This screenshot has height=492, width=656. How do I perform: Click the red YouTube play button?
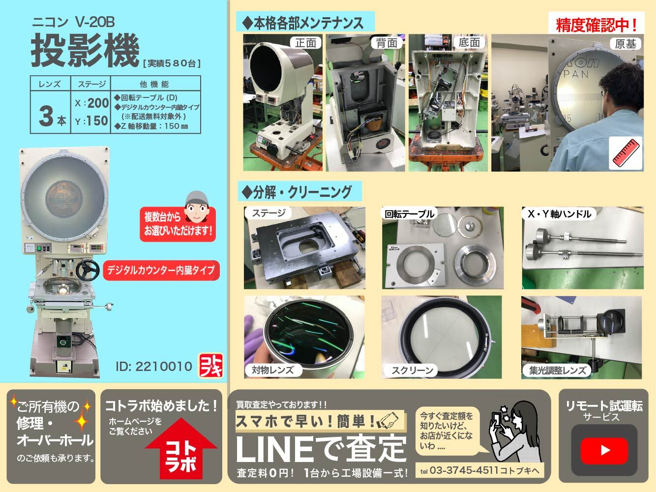coord(605,450)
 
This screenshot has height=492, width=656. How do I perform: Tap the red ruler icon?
coord(626,153)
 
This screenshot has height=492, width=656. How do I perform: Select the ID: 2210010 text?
coord(154,367)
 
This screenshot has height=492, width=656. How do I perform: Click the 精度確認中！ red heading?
coord(596,25)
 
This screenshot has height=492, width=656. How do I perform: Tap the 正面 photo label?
coord(305,43)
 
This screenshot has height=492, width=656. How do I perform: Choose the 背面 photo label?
coord(387,43)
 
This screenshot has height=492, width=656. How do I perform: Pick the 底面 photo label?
coord(469,43)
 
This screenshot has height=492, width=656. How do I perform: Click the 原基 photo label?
coord(626,44)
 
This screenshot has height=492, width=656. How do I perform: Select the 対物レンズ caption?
coord(273,369)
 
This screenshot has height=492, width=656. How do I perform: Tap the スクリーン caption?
coord(412,370)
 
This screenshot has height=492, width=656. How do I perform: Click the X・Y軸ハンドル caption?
coord(559,214)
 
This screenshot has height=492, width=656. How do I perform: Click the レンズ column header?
coord(50,84)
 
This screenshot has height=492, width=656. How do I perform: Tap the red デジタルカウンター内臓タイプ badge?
coord(161,270)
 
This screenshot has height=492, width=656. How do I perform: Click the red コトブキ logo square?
coord(210,366)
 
